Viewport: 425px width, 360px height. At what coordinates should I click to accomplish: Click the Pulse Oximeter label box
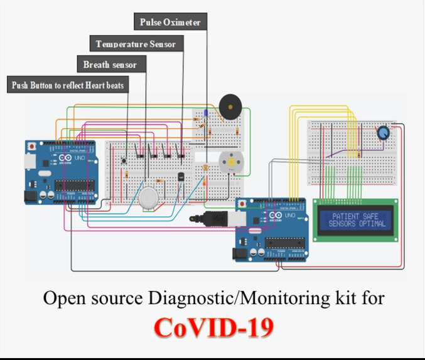click(170, 22)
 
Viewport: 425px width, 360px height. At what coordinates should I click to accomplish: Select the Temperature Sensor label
click(136, 44)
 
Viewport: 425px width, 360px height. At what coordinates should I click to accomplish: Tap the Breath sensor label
click(110, 64)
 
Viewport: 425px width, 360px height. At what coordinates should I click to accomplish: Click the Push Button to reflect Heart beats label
click(68, 85)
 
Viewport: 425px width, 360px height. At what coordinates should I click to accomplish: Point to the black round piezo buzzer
click(230, 107)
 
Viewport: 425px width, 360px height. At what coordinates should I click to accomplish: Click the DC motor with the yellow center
click(230, 163)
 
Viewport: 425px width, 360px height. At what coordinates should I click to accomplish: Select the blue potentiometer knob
click(383, 133)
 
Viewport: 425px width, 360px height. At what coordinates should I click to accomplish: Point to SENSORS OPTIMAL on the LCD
click(355, 224)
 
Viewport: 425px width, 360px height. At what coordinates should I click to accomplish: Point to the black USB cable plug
click(215, 219)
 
